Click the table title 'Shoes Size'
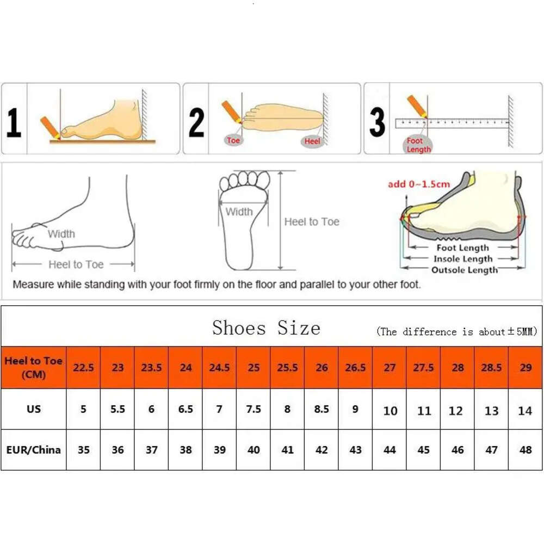coord(266,328)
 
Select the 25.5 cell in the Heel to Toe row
coord(287,368)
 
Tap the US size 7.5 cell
coord(254,409)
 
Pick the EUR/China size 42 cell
coord(322,450)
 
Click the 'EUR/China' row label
coord(34,450)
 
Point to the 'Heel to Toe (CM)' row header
coord(34,368)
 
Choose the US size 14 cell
coord(525,411)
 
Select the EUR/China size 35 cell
coord(83,450)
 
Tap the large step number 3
coord(377,122)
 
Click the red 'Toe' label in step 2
coord(233,140)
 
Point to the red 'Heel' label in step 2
coord(312,141)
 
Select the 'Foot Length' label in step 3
coord(418,145)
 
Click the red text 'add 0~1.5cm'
coord(419,184)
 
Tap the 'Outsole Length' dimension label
coord(464,270)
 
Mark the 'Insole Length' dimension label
coord(462,259)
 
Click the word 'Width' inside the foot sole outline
coord(239,212)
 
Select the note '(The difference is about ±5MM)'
coord(456,332)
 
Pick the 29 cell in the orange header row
coord(526,368)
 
